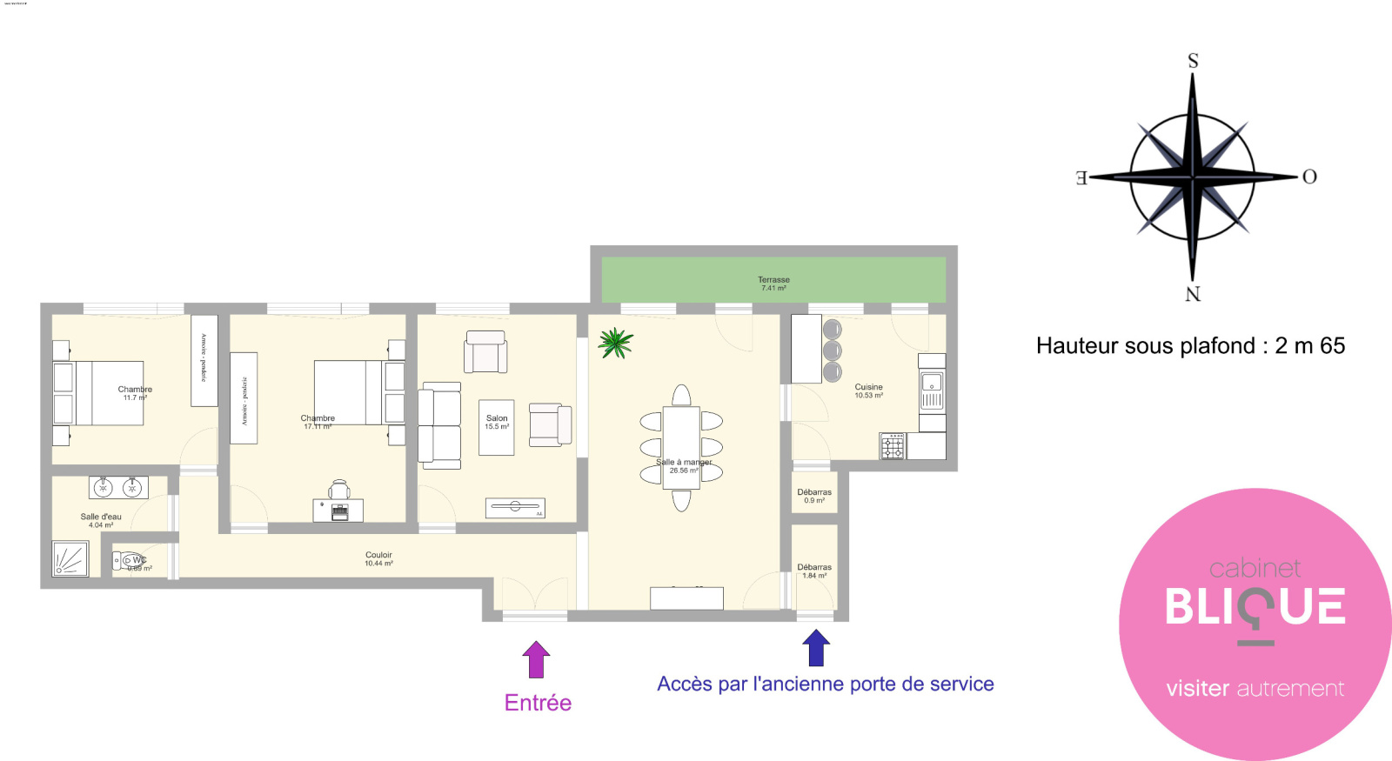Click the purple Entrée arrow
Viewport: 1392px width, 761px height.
tap(536, 659)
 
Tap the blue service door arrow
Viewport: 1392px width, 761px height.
tap(815, 648)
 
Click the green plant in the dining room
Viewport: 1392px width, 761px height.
tap(615, 343)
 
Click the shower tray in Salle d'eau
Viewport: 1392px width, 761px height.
tap(70, 558)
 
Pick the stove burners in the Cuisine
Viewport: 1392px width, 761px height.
tap(893, 447)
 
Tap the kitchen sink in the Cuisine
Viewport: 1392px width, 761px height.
tap(932, 391)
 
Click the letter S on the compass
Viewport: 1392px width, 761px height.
tap(1193, 61)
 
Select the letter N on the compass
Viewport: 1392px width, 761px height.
tap(1193, 294)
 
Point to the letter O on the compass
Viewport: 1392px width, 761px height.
tap(1308, 177)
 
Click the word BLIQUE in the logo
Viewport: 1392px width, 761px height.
tap(1255, 607)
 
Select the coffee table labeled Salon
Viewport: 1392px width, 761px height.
tap(497, 427)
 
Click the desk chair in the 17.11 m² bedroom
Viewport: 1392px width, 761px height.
tap(339, 490)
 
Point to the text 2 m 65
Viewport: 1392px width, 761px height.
tap(1309, 346)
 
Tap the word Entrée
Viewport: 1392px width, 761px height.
tap(538, 703)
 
